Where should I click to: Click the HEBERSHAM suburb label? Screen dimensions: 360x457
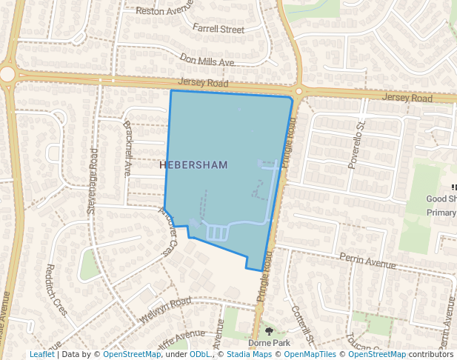193,164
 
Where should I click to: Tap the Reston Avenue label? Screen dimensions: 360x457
164,11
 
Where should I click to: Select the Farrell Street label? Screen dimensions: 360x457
218,30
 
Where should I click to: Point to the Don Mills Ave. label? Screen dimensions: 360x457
207,59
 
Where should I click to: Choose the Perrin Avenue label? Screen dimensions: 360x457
368,262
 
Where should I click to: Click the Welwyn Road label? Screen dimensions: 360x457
170,305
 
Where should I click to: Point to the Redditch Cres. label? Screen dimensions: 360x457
56,290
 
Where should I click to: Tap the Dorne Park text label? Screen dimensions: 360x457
268,343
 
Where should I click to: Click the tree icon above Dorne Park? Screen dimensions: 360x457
268,331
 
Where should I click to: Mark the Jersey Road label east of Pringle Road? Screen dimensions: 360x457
407,98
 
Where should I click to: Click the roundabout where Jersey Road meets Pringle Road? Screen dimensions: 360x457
298,91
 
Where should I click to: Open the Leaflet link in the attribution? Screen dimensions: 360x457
41,355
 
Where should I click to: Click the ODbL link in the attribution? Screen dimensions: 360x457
200,355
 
